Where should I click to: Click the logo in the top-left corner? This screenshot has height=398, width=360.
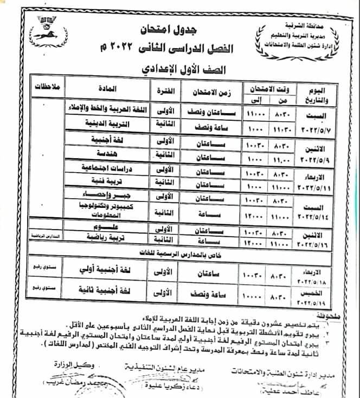[50, 27]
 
